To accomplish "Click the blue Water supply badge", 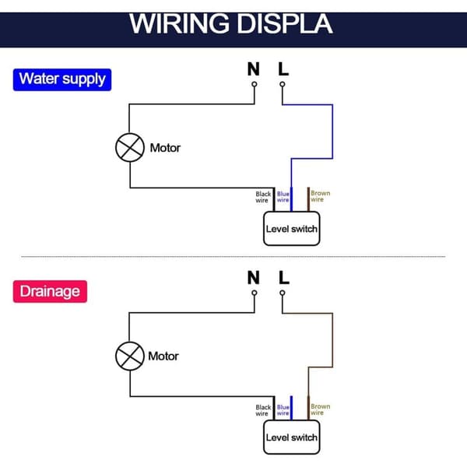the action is (x=62, y=79).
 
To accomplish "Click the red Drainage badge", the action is (x=50, y=291).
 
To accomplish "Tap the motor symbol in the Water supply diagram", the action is (x=130, y=147).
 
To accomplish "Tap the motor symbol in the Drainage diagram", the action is (x=130, y=356).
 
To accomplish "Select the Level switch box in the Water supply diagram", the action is (x=292, y=228).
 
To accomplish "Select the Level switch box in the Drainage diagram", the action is (x=292, y=437).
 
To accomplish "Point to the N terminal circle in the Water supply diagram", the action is (x=255, y=84).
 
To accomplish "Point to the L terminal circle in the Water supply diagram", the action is (x=283, y=84).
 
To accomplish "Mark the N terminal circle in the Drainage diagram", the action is (x=255, y=293).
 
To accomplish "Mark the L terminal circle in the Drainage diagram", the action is (x=283, y=293).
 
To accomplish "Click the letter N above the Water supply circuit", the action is (x=254, y=69).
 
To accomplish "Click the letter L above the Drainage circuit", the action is (x=284, y=278).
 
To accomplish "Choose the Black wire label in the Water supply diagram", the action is (x=263, y=197).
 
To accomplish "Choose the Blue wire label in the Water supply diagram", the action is (x=283, y=197).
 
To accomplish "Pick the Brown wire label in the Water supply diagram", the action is (x=320, y=196).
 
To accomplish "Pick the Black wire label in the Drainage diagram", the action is (x=263, y=410).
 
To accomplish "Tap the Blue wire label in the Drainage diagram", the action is (x=283, y=410).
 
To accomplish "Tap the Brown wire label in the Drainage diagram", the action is (x=320, y=409).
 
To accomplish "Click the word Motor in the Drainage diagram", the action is (x=163, y=356).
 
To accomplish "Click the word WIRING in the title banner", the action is (x=179, y=24).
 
